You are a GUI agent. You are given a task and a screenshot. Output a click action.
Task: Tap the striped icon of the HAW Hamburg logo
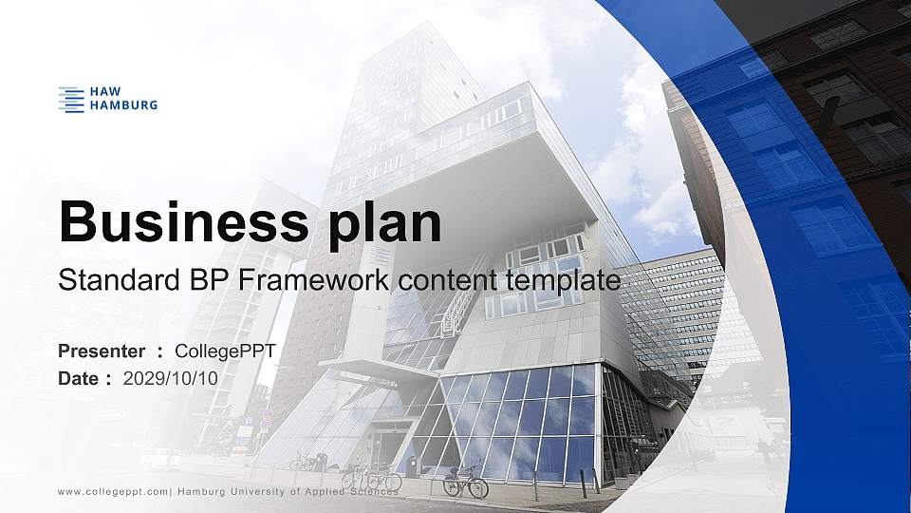coord(71,99)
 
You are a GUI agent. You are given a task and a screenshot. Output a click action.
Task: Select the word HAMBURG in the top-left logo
coord(122,104)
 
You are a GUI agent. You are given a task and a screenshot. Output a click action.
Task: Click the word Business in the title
coord(175,223)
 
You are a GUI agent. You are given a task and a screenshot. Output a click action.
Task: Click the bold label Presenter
coord(102,351)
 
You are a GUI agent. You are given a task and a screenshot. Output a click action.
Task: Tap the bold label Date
coord(79,378)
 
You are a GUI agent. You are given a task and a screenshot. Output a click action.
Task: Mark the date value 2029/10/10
coord(171,378)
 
